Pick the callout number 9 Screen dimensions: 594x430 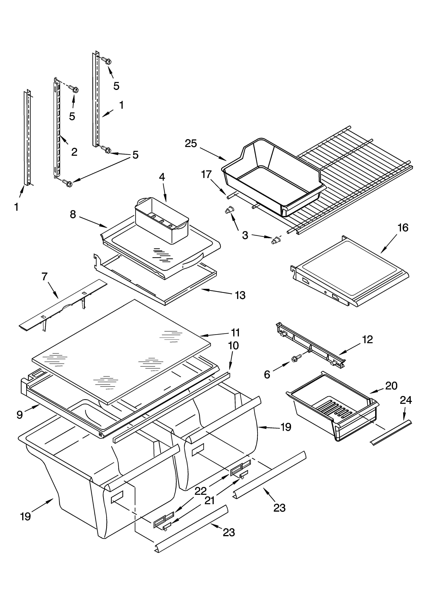click(20, 415)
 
